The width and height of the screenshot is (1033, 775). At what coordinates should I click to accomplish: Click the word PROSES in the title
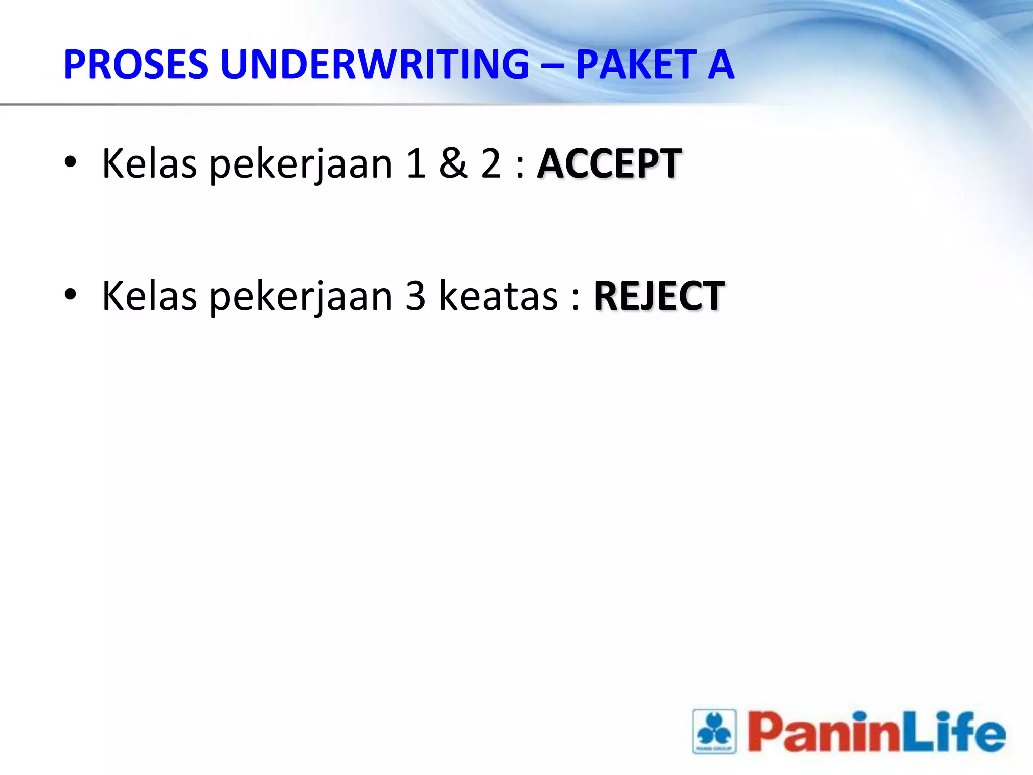point(136,65)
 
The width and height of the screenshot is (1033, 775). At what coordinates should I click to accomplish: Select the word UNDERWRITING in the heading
point(375,65)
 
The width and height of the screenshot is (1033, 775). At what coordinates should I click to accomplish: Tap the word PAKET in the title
point(637,65)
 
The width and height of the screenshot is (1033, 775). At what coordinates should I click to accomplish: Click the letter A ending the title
point(721,65)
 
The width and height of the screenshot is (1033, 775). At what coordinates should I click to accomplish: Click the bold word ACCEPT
point(610,164)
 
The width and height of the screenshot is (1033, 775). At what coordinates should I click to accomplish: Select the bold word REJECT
point(659,296)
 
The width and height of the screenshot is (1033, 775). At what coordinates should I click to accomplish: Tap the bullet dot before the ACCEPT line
point(70,162)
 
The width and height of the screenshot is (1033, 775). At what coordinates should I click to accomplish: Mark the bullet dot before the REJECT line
point(70,295)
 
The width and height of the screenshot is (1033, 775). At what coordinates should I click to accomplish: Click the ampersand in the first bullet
point(452,164)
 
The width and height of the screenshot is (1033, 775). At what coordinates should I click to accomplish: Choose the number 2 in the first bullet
point(491,164)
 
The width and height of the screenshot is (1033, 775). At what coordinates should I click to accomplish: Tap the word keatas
point(499,296)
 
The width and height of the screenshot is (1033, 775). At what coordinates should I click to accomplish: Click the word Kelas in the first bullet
point(149,164)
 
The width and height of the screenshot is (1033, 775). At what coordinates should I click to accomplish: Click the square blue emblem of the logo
point(714,731)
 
